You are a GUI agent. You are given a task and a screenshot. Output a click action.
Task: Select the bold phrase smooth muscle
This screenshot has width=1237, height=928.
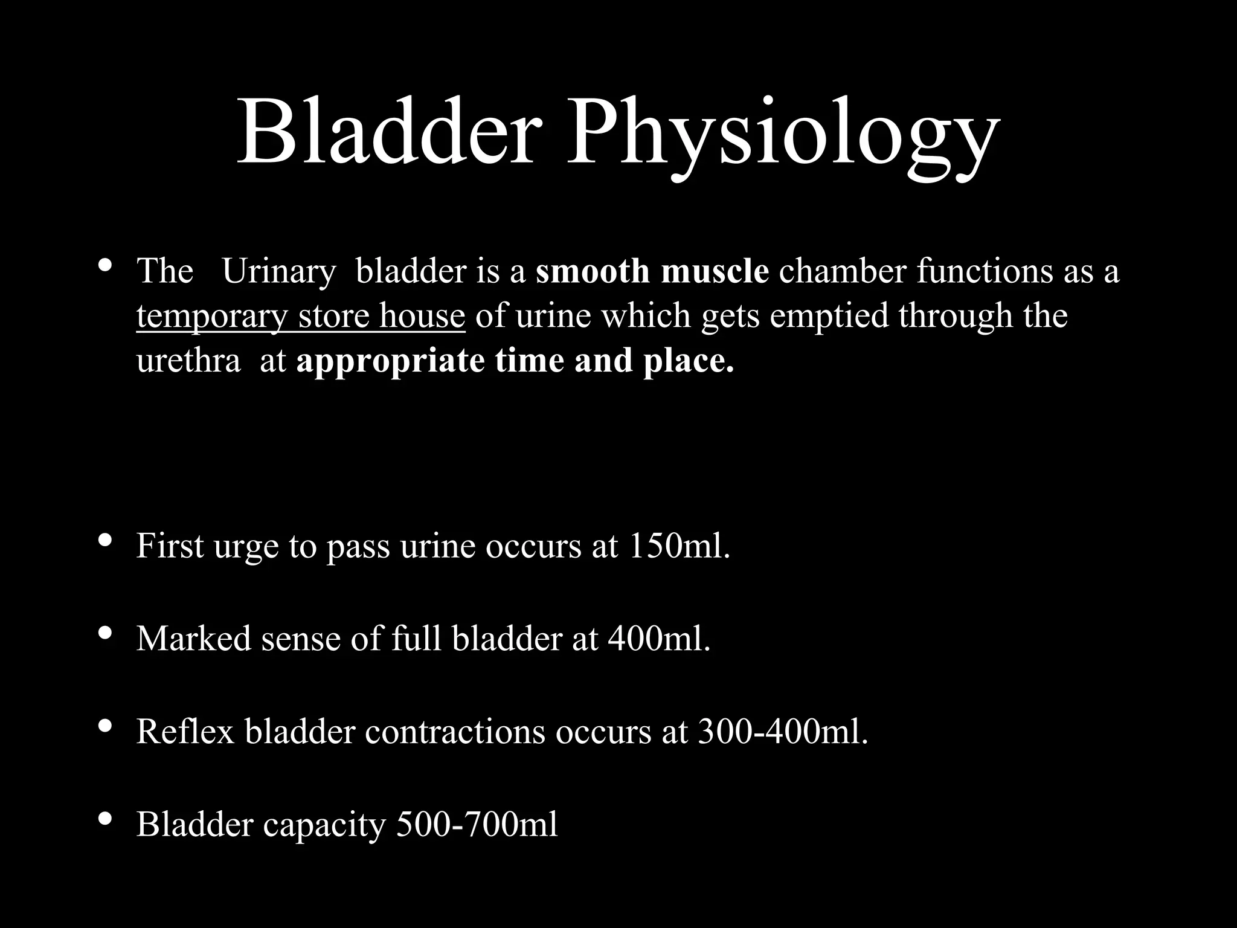coord(652,271)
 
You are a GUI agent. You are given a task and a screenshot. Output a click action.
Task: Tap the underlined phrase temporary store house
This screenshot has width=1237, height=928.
coord(300,316)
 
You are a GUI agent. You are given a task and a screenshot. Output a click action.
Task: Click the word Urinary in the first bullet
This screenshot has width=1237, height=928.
coord(278,271)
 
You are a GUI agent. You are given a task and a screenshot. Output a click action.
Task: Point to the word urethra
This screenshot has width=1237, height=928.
coord(188,361)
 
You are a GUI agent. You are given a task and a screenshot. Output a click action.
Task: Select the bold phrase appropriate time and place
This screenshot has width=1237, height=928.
coord(515,361)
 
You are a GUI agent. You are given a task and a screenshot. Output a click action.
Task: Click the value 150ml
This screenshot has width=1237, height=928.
coord(679,546)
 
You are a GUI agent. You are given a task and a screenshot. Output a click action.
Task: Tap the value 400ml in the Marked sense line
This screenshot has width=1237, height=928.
coord(659,638)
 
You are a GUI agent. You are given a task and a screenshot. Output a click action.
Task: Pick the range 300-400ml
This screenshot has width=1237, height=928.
coord(783,731)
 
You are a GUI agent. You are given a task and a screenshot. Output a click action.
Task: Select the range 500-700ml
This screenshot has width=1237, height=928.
coord(477,824)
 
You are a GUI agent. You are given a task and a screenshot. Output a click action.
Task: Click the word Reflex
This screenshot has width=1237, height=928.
coord(185,731)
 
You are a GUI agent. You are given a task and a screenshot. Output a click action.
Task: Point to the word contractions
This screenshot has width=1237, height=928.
coord(454,731)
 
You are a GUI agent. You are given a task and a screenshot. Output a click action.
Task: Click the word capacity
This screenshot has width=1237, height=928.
coord(324,824)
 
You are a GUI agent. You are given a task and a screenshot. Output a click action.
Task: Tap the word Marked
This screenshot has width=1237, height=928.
coord(193,638)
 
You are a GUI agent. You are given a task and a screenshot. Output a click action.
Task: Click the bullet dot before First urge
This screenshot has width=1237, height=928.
coord(104,540)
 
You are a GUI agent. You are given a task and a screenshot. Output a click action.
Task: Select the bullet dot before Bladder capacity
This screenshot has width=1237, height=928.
coord(104,819)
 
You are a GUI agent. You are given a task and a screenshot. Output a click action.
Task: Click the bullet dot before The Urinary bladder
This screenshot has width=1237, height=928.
coord(104,265)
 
